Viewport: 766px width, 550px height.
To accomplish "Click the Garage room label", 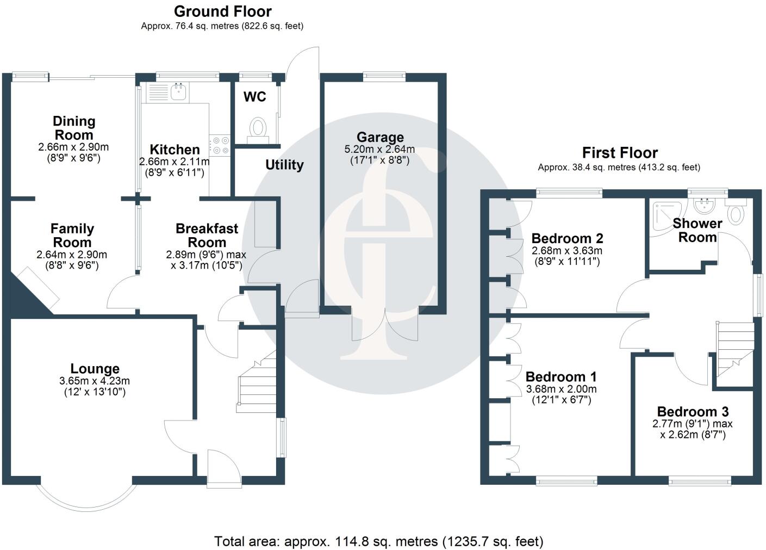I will tap(379, 137).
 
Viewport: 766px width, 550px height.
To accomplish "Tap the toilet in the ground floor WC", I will tap(258, 129).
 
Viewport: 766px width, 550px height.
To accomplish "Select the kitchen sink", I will tap(178, 92).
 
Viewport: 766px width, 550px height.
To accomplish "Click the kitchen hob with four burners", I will tap(221, 145).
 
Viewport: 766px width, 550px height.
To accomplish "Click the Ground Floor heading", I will tap(222, 11).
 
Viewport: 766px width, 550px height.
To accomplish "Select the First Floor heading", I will tap(620, 153).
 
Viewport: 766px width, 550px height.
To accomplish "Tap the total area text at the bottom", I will tap(378, 541).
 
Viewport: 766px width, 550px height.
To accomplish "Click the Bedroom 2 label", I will tap(567, 238).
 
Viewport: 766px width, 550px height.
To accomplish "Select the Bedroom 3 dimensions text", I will tap(692, 429).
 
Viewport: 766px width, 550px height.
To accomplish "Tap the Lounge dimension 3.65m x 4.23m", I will tap(95, 381).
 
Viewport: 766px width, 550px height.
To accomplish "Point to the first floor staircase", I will tap(735, 348).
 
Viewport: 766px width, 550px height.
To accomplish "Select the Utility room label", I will tap(284, 165).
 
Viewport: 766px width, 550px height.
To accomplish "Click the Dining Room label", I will tap(73, 128).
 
